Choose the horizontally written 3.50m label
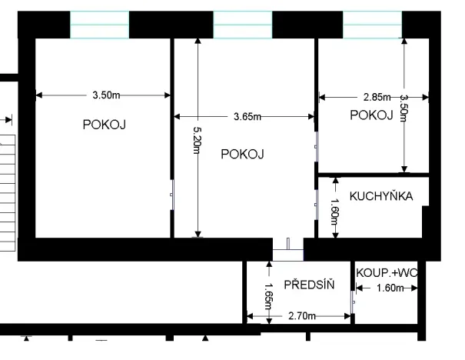105,95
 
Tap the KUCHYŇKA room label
381,196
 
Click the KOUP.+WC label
386,272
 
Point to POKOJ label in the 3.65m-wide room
242,154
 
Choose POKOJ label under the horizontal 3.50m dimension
105,124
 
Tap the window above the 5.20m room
242,25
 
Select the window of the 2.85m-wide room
372,25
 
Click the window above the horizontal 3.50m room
99,25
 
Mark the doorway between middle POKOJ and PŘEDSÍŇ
288,248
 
